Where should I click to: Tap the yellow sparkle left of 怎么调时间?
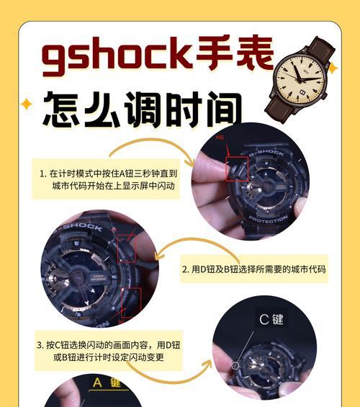coord(27,104)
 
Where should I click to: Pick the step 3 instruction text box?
coord(108,351)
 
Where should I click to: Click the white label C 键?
coord(271,319)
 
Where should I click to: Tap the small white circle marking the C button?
coord(235,365)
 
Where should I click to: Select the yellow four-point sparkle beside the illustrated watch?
coord(333,67)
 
